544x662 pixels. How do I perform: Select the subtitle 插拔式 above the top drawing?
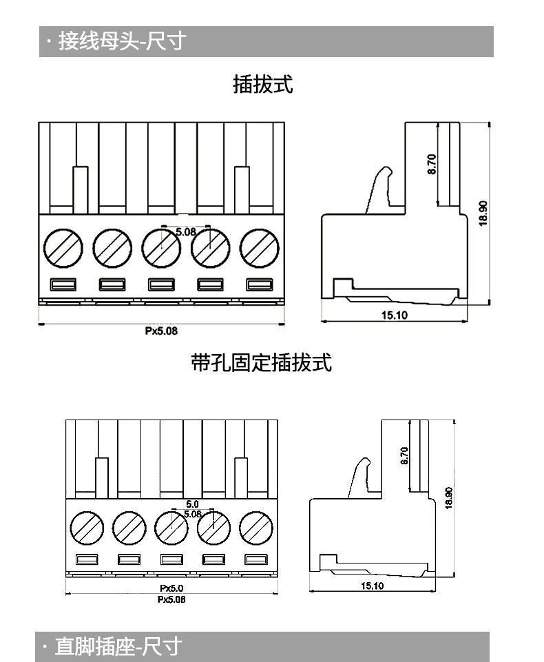[x=263, y=85]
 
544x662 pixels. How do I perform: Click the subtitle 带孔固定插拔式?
[x=262, y=362]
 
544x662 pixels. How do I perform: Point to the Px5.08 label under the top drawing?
[x=161, y=331]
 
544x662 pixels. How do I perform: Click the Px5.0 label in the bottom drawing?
[x=171, y=588]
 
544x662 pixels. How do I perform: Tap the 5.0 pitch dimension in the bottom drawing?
[x=192, y=505]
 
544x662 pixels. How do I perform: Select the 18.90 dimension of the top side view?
[x=483, y=212]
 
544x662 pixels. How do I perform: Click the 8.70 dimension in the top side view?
[x=432, y=163]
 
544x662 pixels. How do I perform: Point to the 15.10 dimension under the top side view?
[x=395, y=316]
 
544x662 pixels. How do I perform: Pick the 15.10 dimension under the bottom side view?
[x=372, y=586]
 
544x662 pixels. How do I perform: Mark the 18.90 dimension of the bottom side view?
[x=449, y=497]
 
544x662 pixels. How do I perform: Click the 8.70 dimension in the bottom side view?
[x=404, y=455]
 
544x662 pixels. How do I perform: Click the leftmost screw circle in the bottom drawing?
[x=87, y=529]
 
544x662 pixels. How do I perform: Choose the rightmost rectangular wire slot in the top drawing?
[x=260, y=285]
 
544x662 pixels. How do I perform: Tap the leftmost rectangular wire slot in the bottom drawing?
[x=87, y=559]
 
